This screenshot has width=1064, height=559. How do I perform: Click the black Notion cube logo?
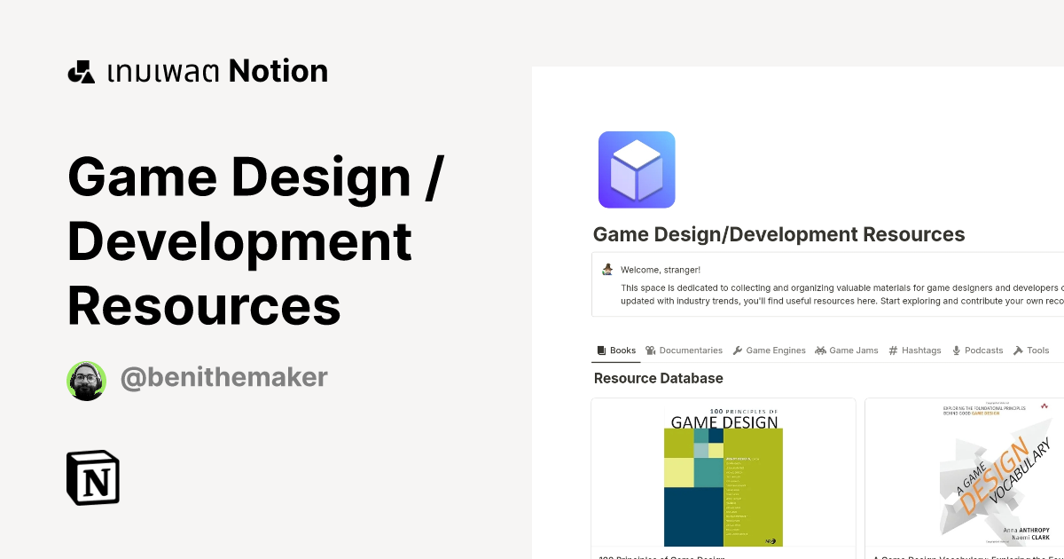pos(93,477)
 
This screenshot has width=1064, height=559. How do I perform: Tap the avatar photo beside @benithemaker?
pos(86,381)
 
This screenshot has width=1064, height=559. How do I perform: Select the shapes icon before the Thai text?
pos(81,72)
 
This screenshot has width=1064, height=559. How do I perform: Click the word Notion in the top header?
pos(278,71)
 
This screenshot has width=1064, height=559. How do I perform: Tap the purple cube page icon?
pos(637,169)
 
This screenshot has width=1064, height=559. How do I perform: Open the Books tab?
pos(615,350)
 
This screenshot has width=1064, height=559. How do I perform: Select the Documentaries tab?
pos(684,350)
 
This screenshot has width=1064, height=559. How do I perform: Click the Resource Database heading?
pos(658,378)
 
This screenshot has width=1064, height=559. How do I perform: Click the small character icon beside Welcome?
pos(607,269)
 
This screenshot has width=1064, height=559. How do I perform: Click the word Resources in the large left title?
pos(204,305)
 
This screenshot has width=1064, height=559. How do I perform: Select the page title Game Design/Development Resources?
pos(778,234)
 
